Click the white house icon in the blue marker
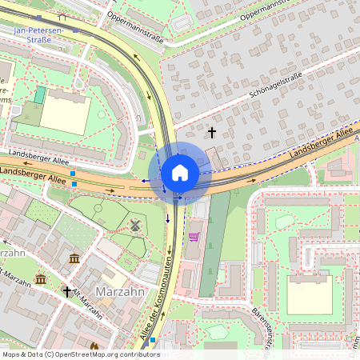[180, 173]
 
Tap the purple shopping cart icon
[194, 237]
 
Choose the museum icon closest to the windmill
[74, 258]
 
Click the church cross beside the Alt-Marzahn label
[67, 293]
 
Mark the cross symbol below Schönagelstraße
[212, 131]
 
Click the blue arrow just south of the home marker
[168, 218]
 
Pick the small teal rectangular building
[39, 95]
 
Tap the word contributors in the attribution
[141, 354]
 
